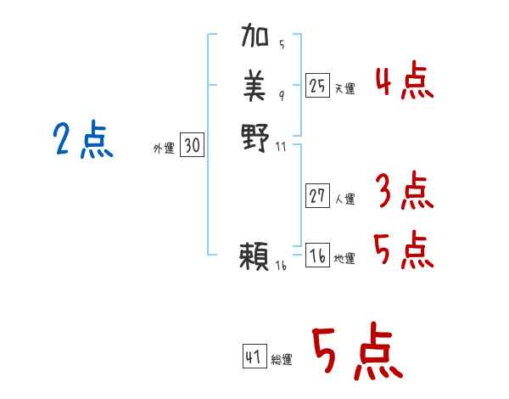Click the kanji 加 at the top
[x=255, y=38]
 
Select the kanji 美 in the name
[x=255, y=85]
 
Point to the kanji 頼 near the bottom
[x=255, y=256]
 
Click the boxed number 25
[x=317, y=86]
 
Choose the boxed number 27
[x=317, y=197]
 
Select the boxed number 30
[x=192, y=146]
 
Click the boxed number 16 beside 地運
[x=317, y=256]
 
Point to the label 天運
[x=344, y=88]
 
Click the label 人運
[x=344, y=199]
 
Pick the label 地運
[x=344, y=258]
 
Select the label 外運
[x=164, y=149]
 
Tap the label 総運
[x=282, y=360]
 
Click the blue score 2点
[x=83, y=141]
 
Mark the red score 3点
[x=404, y=191]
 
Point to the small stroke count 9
[x=282, y=94]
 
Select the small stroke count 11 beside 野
[x=282, y=145]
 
